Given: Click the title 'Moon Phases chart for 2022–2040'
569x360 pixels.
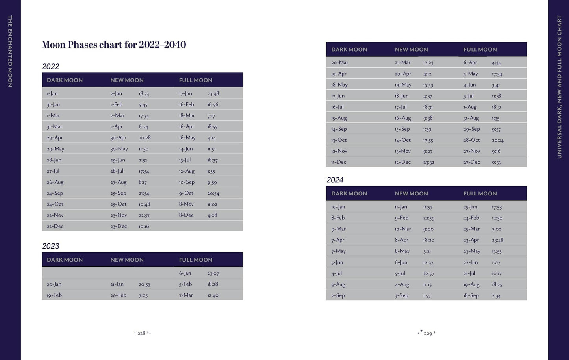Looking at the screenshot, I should coord(114,45).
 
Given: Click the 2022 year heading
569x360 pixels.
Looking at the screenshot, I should coord(51,67).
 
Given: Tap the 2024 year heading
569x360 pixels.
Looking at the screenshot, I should coord(335,180).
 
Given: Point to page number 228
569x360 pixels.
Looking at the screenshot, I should coord(141,333).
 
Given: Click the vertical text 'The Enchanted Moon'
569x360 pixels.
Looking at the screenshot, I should coord(10,51).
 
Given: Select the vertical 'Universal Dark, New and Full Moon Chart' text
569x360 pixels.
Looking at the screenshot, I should coord(559,87).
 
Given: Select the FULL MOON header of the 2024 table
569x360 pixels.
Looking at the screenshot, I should coord(480,194).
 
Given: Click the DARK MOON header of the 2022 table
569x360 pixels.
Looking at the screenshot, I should coord(65,80).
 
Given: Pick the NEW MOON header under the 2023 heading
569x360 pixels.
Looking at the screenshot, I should coord(127,260).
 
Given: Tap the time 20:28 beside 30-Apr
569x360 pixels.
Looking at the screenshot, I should coord(145,138).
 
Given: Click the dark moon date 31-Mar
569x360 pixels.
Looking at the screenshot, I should coord(54,127).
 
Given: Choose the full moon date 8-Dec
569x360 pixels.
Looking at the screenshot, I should coord(186,215).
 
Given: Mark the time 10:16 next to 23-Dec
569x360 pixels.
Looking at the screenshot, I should coord(144,226).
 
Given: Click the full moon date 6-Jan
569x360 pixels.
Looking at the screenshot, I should coord(185,273).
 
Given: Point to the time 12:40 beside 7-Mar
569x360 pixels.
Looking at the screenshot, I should coord(213,295).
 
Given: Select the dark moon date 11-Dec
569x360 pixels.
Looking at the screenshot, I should coord(339,162).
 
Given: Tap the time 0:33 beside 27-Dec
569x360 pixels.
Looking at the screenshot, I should coord(496,163).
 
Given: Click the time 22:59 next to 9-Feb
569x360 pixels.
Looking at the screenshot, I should coord(428,218).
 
